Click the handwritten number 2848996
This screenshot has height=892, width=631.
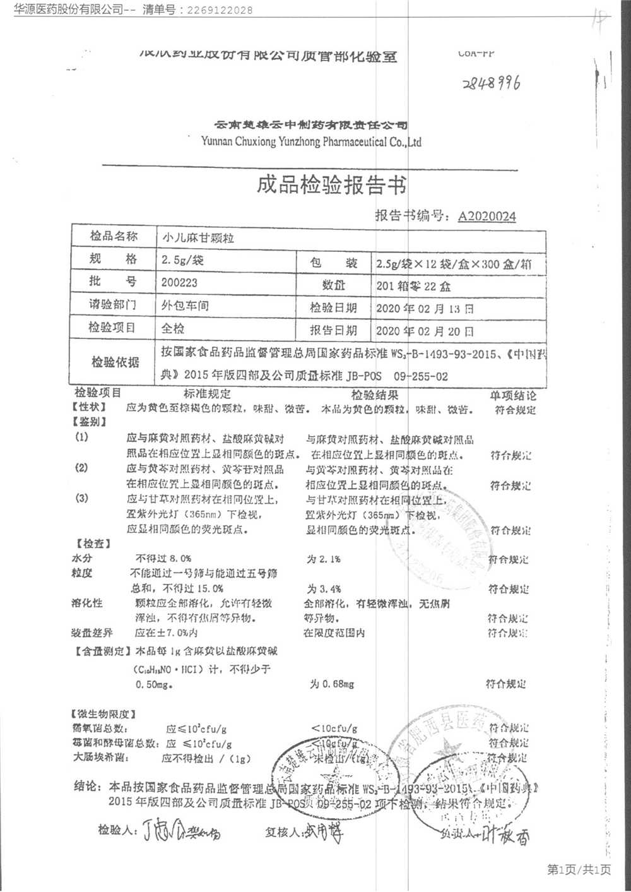pos(492,83)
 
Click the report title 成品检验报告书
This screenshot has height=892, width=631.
pos(331,185)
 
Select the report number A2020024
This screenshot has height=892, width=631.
pos(487,217)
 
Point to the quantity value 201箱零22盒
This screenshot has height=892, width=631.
pos(413,286)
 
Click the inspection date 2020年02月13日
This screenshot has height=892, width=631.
pos(425,309)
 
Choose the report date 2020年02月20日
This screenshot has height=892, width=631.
pos(425,331)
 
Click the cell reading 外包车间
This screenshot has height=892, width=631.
pos(185,306)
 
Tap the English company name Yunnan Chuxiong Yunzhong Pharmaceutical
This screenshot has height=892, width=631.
pos(311,142)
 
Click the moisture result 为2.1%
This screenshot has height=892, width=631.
pos(324,559)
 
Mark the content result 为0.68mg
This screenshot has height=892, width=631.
pos(331,684)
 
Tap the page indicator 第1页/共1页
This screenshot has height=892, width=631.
pos(579,870)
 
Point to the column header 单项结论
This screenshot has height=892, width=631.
pos(513,395)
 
